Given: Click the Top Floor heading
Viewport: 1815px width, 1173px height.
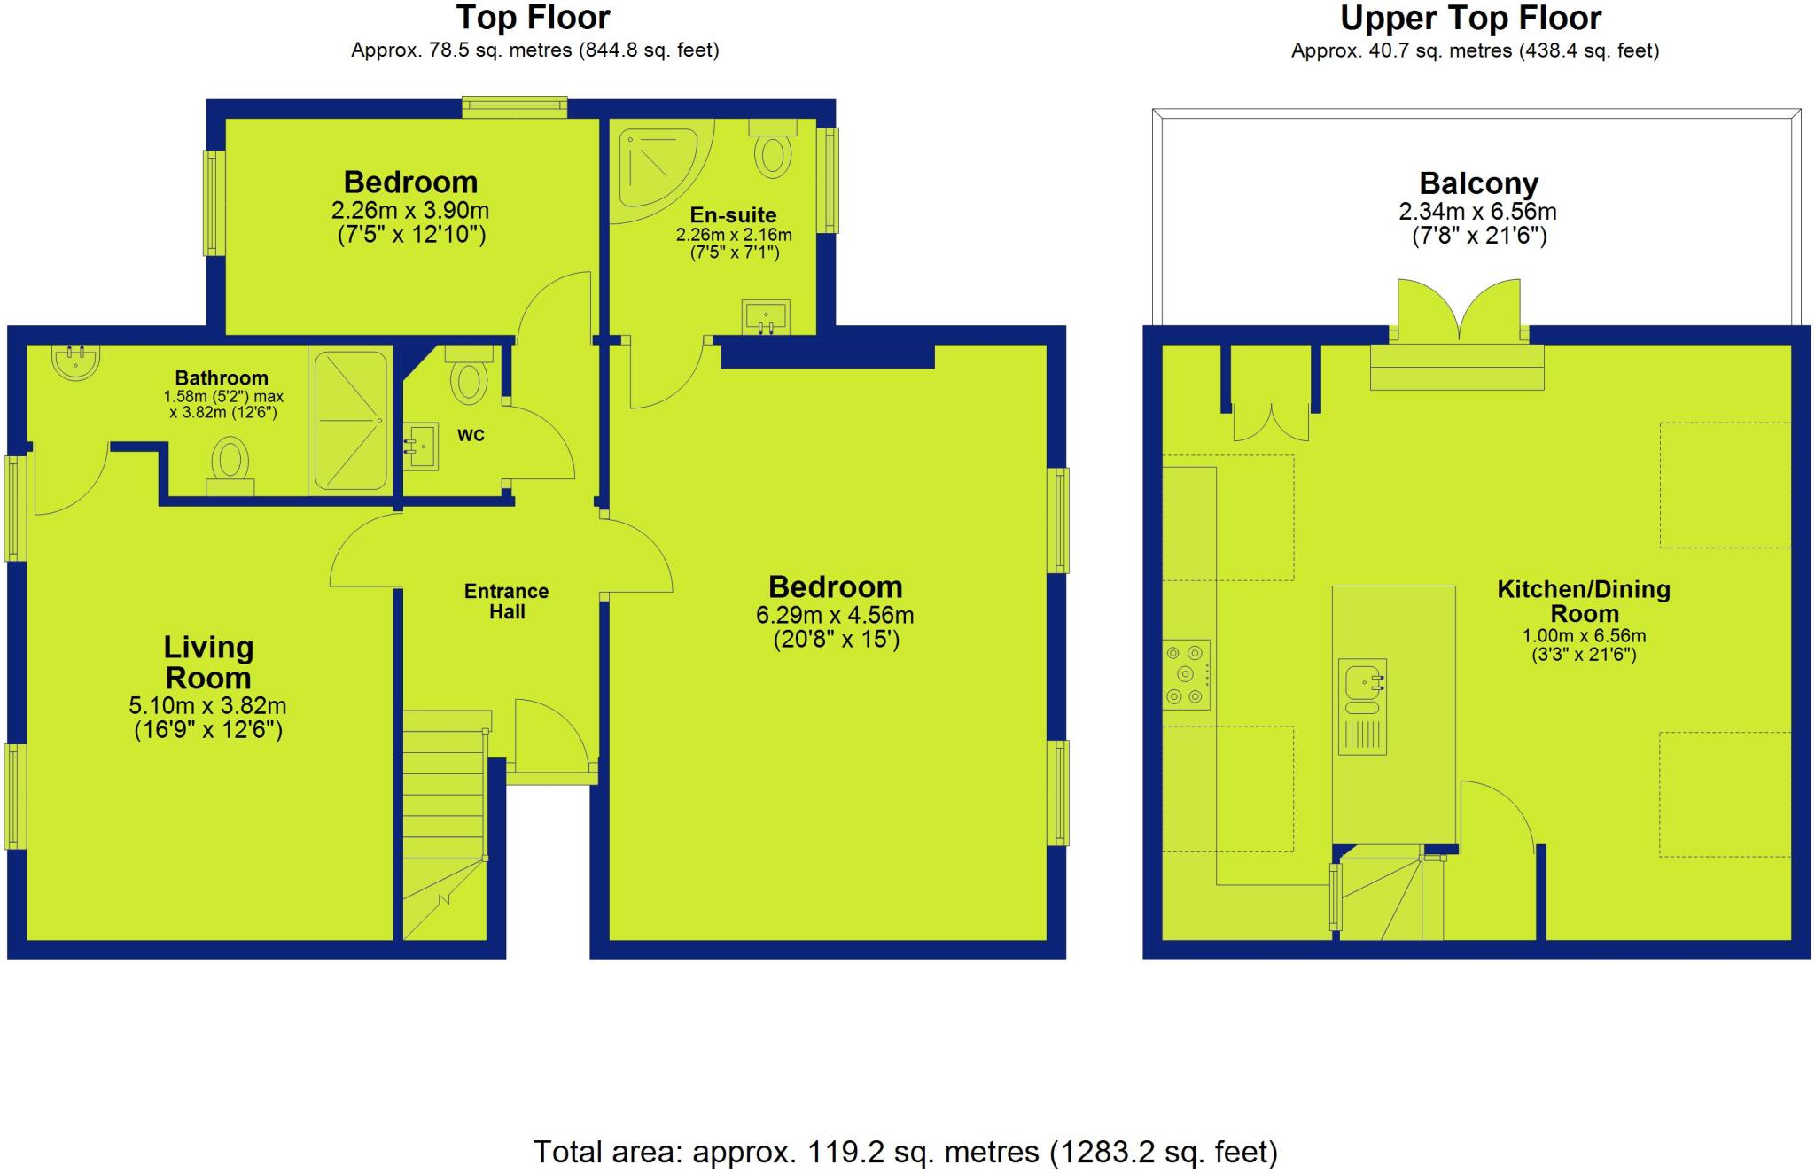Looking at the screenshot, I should coord(533,18).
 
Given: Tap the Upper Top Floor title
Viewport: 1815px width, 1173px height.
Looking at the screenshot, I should coord(1470,18).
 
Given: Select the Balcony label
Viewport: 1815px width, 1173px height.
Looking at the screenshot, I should coord(1478,183).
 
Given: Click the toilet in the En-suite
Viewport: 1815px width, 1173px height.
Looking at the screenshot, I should coord(774,151).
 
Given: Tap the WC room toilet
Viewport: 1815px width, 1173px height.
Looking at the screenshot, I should coord(469,377).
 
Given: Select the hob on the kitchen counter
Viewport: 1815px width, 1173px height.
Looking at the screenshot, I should coord(1186,674).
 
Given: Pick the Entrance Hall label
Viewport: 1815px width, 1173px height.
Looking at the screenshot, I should coord(507,602).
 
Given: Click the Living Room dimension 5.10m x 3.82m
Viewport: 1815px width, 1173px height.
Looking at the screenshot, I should coord(207,706).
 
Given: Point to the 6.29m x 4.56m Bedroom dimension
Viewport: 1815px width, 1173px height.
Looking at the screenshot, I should coord(835,615).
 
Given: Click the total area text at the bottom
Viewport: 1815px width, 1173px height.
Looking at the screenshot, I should coord(905,1152).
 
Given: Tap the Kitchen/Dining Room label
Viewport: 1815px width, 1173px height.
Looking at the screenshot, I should coord(1584,602).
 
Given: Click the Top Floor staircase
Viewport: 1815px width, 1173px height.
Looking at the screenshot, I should coord(445,824).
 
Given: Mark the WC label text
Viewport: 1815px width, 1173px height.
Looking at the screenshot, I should coord(471,435).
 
